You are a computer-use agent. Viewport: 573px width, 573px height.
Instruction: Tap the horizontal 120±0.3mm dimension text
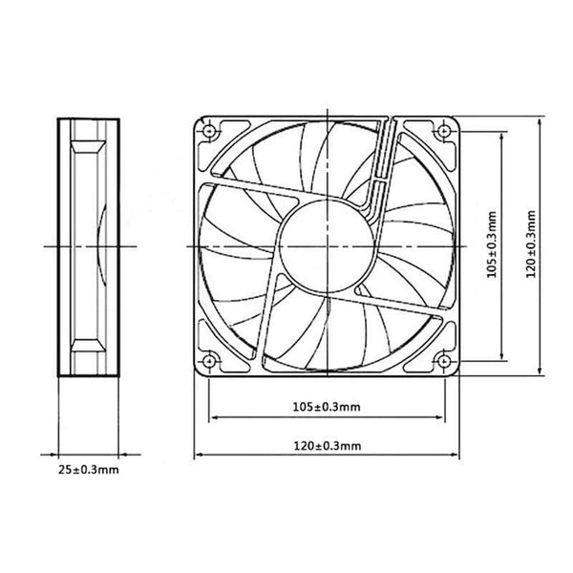tap(328, 446)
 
